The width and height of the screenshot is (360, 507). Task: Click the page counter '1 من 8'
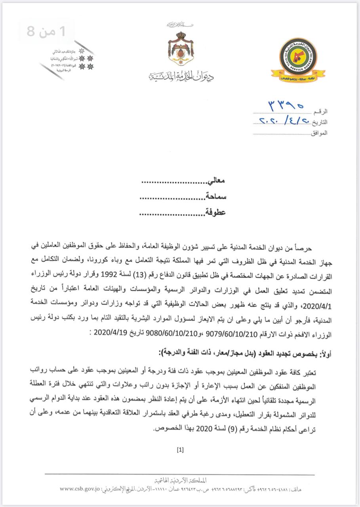46,31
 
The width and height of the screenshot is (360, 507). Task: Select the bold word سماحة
215,197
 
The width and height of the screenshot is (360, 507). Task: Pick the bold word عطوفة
215,212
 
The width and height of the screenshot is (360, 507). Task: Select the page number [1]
180,450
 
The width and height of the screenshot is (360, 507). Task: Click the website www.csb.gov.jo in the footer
80,490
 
